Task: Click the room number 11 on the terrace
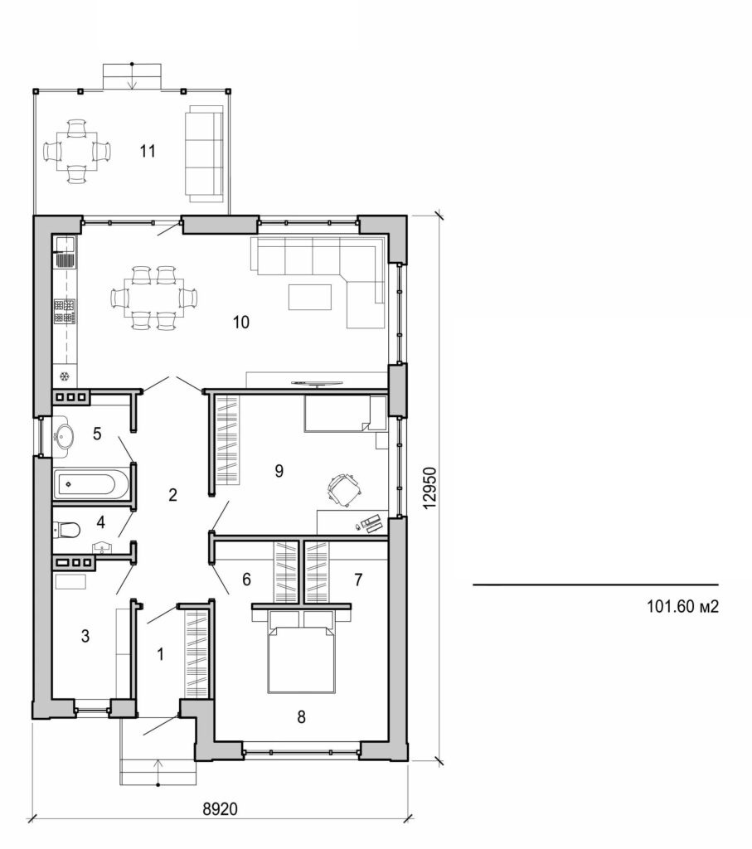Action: pyautogui.click(x=148, y=151)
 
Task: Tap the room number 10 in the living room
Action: pyautogui.click(x=240, y=323)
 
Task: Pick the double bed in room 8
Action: pyautogui.click(x=303, y=655)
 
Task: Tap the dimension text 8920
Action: pyautogui.click(x=220, y=807)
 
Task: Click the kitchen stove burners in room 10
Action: pyautogui.click(x=65, y=311)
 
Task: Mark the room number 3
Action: pyautogui.click(x=85, y=636)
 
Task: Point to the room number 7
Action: pyautogui.click(x=357, y=580)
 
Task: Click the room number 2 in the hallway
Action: pyautogui.click(x=172, y=496)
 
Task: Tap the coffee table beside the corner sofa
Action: pyautogui.click(x=310, y=296)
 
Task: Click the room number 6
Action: pyautogui.click(x=246, y=580)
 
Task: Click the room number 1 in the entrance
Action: pyautogui.click(x=161, y=653)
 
